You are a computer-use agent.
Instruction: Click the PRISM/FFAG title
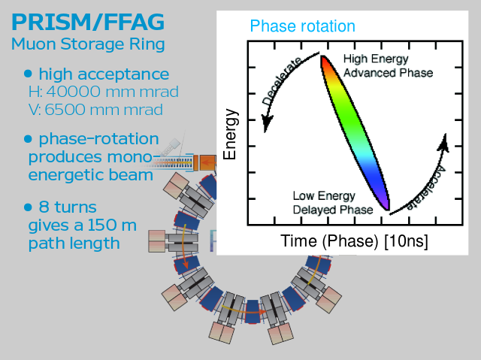[88, 22]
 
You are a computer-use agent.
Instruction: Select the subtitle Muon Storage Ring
[88, 44]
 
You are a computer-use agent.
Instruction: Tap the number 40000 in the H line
[74, 92]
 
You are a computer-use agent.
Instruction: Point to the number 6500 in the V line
[63, 110]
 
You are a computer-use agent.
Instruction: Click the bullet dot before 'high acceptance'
[28, 74]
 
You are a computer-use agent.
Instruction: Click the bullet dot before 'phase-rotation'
[28, 139]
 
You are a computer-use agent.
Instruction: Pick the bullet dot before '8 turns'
[28, 207]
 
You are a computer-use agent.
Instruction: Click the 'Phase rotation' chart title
[302, 26]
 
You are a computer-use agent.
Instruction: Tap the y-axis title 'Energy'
[230, 135]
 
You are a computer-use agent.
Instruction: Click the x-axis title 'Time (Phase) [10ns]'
[354, 241]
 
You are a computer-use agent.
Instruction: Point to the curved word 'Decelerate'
[283, 80]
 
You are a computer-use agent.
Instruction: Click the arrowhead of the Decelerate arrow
[266, 123]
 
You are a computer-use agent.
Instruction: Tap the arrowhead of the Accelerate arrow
[443, 143]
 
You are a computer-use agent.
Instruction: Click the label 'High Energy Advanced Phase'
[388, 65]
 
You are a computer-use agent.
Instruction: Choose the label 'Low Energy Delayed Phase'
[333, 203]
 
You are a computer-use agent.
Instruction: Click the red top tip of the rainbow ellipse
[322, 56]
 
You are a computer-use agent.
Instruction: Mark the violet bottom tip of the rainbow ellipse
[388, 209]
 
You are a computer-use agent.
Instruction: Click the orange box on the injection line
[208, 162]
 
